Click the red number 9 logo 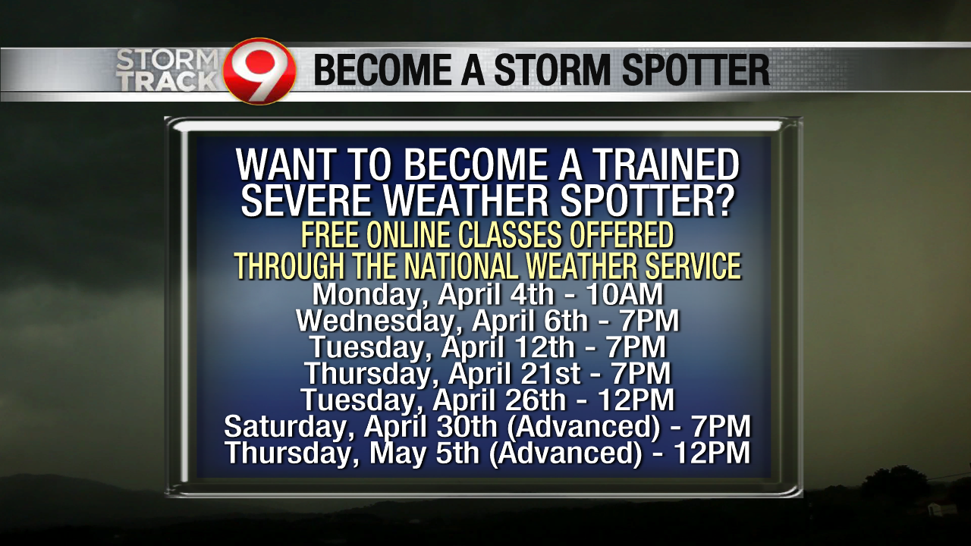tap(259, 71)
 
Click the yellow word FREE tap(332, 236)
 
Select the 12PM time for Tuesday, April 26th tap(636, 400)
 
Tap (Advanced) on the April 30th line tap(583, 426)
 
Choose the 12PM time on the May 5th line tap(711, 453)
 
